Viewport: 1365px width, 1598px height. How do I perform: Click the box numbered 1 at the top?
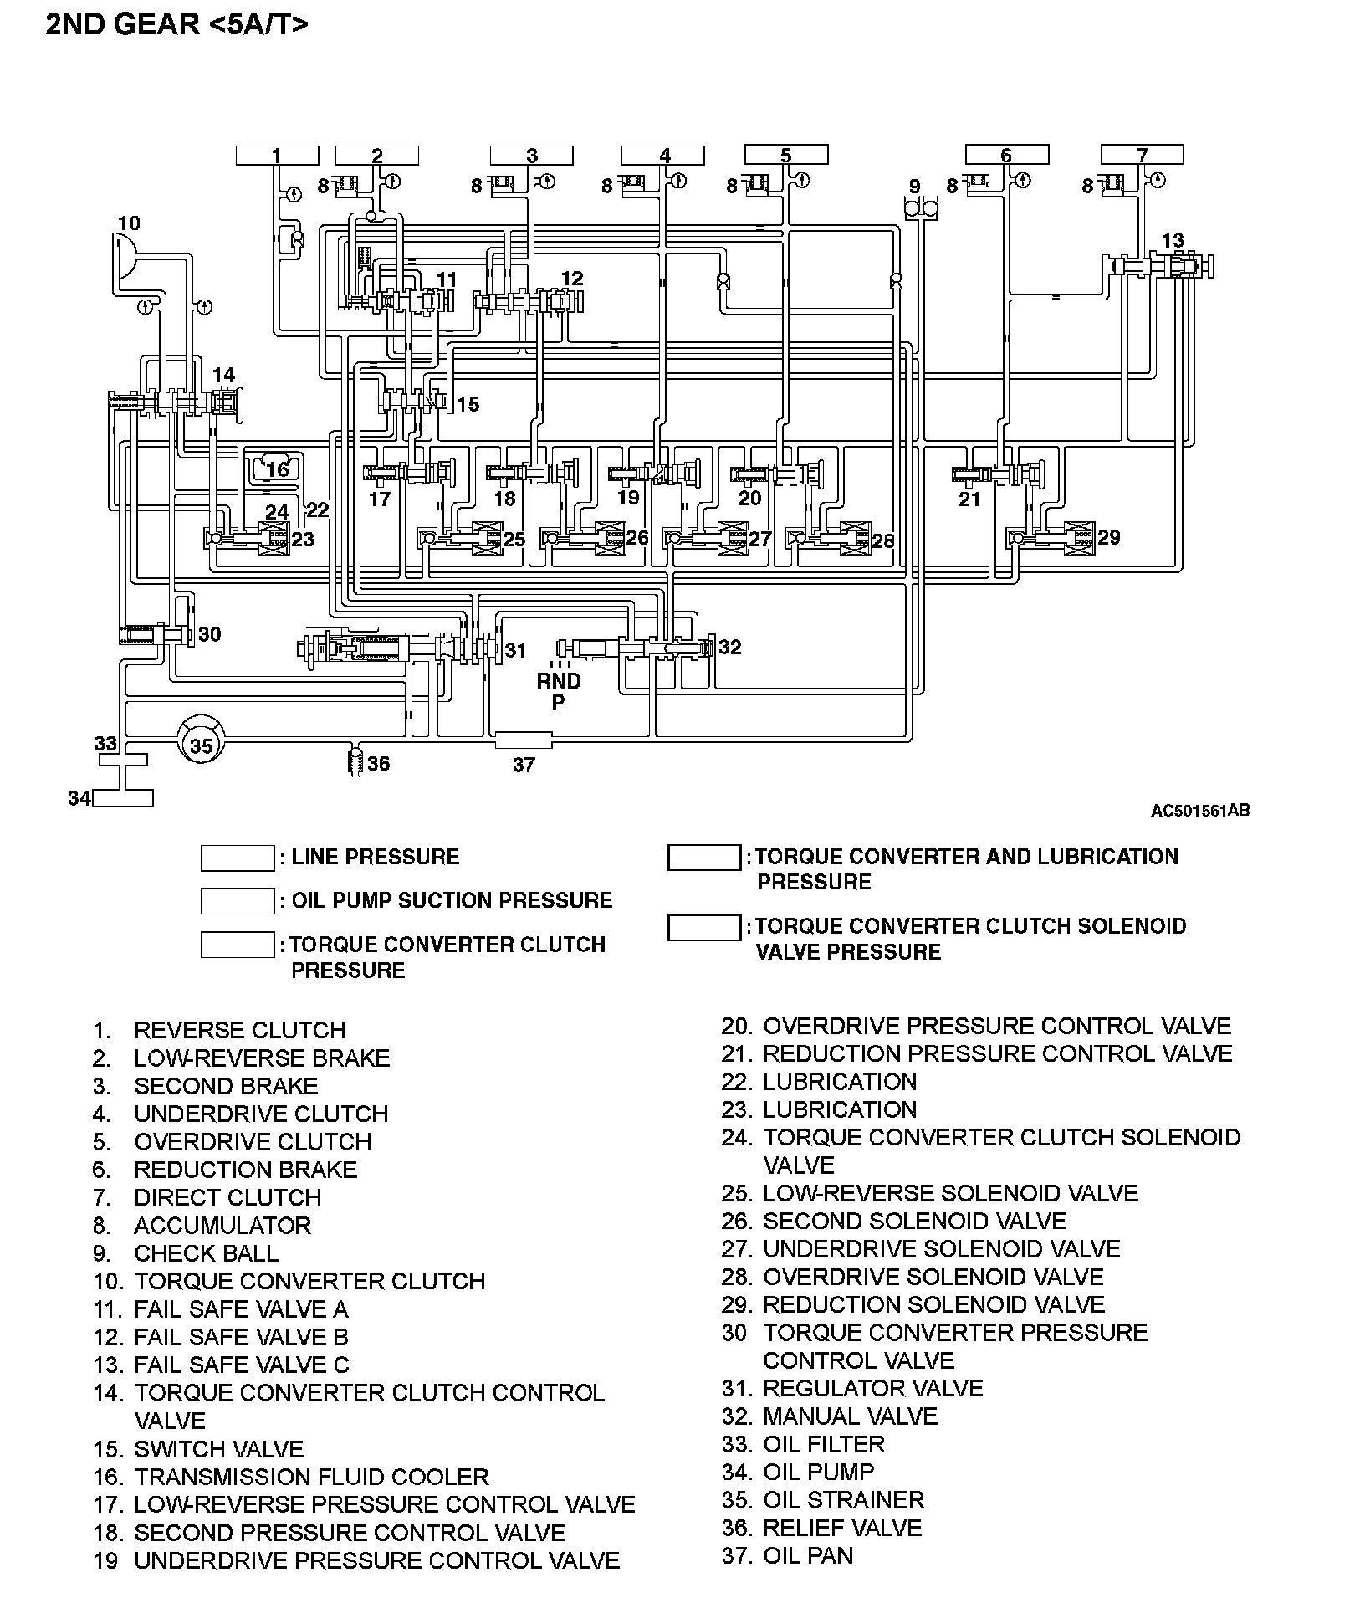click(x=277, y=155)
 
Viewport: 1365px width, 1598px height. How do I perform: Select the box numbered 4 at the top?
click(x=662, y=156)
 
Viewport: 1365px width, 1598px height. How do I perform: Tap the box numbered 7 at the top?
click(x=1142, y=154)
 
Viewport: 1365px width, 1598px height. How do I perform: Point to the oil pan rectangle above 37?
click(x=524, y=740)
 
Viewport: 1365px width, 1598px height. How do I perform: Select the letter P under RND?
click(x=558, y=703)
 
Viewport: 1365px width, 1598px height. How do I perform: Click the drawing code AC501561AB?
click(x=1200, y=810)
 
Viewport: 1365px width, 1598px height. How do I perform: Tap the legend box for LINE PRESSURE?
click(x=238, y=858)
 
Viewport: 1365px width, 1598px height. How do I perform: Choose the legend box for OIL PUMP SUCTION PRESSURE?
click(x=238, y=901)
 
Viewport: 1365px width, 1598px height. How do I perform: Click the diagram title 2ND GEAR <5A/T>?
click(x=176, y=24)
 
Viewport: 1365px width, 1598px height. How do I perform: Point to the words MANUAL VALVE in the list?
click(x=850, y=1416)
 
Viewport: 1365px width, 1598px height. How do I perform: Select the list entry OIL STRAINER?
click(x=843, y=1500)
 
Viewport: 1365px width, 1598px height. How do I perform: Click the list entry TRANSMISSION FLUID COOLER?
click(x=311, y=1477)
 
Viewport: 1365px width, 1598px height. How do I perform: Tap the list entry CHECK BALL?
click(x=206, y=1253)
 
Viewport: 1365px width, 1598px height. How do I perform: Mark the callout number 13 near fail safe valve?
click(x=1173, y=240)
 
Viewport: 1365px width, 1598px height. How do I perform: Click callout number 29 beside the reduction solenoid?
click(x=1109, y=537)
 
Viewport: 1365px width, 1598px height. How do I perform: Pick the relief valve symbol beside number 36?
click(x=355, y=762)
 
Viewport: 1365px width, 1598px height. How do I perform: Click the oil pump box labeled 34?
click(x=123, y=798)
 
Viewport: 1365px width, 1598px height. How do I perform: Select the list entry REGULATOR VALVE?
click(x=872, y=1389)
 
